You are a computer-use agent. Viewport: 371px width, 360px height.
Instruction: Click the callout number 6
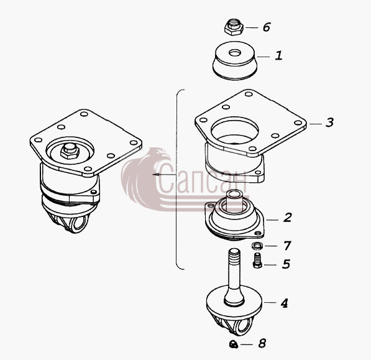[x=267, y=27]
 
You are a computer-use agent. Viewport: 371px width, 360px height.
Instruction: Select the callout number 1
[x=279, y=55]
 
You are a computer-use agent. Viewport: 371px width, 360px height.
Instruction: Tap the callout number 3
[x=329, y=122]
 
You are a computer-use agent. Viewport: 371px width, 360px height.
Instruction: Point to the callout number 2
[x=288, y=218]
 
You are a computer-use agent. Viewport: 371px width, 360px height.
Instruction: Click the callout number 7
[x=287, y=246]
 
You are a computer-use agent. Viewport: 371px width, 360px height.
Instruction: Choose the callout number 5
[x=286, y=264]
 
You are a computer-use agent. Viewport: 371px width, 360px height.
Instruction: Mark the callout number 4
[x=284, y=303]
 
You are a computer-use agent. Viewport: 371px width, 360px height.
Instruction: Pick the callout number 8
[x=262, y=343]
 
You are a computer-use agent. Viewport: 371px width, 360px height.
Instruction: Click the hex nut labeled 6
[x=234, y=27]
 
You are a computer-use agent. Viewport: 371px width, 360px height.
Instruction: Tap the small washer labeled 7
[x=257, y=246]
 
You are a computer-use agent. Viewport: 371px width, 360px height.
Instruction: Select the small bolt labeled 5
[x=257, y=261]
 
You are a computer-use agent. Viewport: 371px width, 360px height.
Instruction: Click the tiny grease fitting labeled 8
[x=234, y=344]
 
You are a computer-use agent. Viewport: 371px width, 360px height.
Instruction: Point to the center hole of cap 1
[x=235, y=53]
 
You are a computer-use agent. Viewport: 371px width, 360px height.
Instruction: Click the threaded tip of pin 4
[x=234, y=254]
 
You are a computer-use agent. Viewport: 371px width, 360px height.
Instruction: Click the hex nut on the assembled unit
[x=70, y=151]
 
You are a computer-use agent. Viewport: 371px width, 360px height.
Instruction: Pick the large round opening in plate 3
[x=235, y=131]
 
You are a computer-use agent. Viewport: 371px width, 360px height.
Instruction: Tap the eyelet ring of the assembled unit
[x=80, y=224]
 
